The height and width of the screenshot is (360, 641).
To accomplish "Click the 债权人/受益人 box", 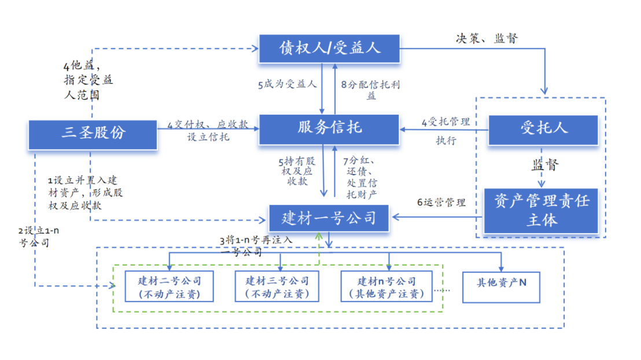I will pyautogui.click(x=330, y=48).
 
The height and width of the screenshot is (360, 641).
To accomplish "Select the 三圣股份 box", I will pyautogui.click(x=93, y=133).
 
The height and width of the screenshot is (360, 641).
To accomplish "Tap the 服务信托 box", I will pyautogui.click(x=329, y=128).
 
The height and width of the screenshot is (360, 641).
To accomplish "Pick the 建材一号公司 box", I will pyautogui.click(x=329, y=218).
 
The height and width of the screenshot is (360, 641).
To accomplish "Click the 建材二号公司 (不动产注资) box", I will pyautogui.click(x=169, y=286).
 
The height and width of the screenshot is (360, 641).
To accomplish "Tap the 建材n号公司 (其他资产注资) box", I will pyautogui.click(x=386, y=286).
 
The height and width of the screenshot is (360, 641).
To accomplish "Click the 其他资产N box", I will pyautogui.click(x=501, y=284).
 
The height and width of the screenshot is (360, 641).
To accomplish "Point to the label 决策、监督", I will pyautogui.click(x=487, y=39).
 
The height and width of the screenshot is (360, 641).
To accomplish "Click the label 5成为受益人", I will pyautogui.click(x=287, y=85).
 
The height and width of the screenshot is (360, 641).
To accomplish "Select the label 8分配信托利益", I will pyautogui.click(x=370, y=90).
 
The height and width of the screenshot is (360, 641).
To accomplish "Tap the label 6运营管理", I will pyautogui.click(x=441, y=203).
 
